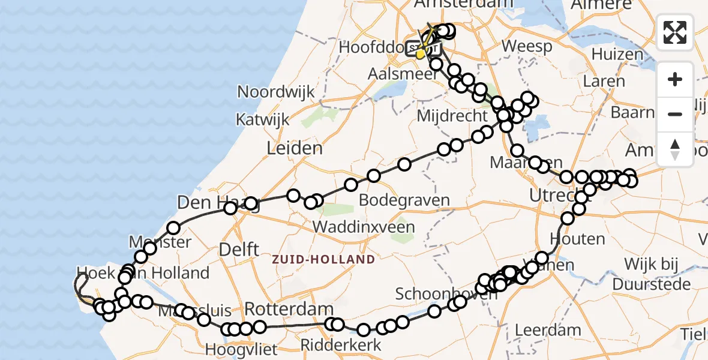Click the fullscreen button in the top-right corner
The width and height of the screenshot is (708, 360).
[675, 32]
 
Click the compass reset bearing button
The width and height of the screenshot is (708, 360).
[675, 149]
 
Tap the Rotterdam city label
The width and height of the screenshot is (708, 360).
[289, 310]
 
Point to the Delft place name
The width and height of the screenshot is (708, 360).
[239, 250]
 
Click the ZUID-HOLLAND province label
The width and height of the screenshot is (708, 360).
[323, 259]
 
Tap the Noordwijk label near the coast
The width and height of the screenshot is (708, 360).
[276, 92]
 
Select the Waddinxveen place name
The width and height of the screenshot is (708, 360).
[364, 227]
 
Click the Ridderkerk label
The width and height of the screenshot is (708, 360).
[341, 345]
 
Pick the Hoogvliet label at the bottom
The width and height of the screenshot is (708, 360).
[241, 349]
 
